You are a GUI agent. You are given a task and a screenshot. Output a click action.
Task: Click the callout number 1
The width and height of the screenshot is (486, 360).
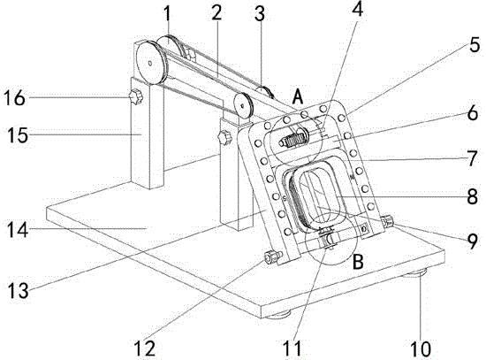point(167,14)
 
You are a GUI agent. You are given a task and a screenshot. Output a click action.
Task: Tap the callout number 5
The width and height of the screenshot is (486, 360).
point(475,44)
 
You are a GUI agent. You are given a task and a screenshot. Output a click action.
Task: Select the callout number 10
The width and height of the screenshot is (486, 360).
point(421,349)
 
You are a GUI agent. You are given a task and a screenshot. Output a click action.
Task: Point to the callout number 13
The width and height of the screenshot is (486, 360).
point(19,291)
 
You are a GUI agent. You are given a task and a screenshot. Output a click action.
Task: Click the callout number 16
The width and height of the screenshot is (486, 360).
point(14,98)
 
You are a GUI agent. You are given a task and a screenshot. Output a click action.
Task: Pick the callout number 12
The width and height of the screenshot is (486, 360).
point(145,349)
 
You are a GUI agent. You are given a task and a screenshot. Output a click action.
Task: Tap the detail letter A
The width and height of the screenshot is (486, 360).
point(298,97)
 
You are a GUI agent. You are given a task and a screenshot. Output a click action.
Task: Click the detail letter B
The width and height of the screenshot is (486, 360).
point(358,262)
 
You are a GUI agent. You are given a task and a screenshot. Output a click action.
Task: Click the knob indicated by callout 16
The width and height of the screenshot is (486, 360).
point(136,96)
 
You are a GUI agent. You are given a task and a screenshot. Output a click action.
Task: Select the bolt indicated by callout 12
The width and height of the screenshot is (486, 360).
point(272,257)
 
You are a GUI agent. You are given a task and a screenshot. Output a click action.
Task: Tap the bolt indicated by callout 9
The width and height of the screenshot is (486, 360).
point(387,222)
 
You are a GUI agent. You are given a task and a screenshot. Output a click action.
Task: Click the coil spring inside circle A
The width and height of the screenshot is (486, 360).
point(292,140)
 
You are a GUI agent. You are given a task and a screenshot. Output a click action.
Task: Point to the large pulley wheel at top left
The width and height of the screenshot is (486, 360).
point(150,63)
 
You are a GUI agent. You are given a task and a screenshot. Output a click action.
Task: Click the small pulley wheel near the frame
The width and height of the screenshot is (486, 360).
point(243,105)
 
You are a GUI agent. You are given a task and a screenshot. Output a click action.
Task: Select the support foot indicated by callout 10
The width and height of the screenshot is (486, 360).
point(414,273)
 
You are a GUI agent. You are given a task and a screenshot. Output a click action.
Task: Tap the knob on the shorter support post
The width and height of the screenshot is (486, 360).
point(224,137)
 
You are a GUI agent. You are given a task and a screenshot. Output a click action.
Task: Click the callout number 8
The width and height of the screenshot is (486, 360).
point(472,196)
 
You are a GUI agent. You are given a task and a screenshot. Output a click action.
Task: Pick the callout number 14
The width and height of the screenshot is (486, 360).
point(18,230)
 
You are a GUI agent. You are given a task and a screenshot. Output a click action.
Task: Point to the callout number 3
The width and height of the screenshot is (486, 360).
point(260,14)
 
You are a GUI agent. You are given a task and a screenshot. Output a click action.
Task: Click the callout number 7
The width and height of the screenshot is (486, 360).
point(472,158)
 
